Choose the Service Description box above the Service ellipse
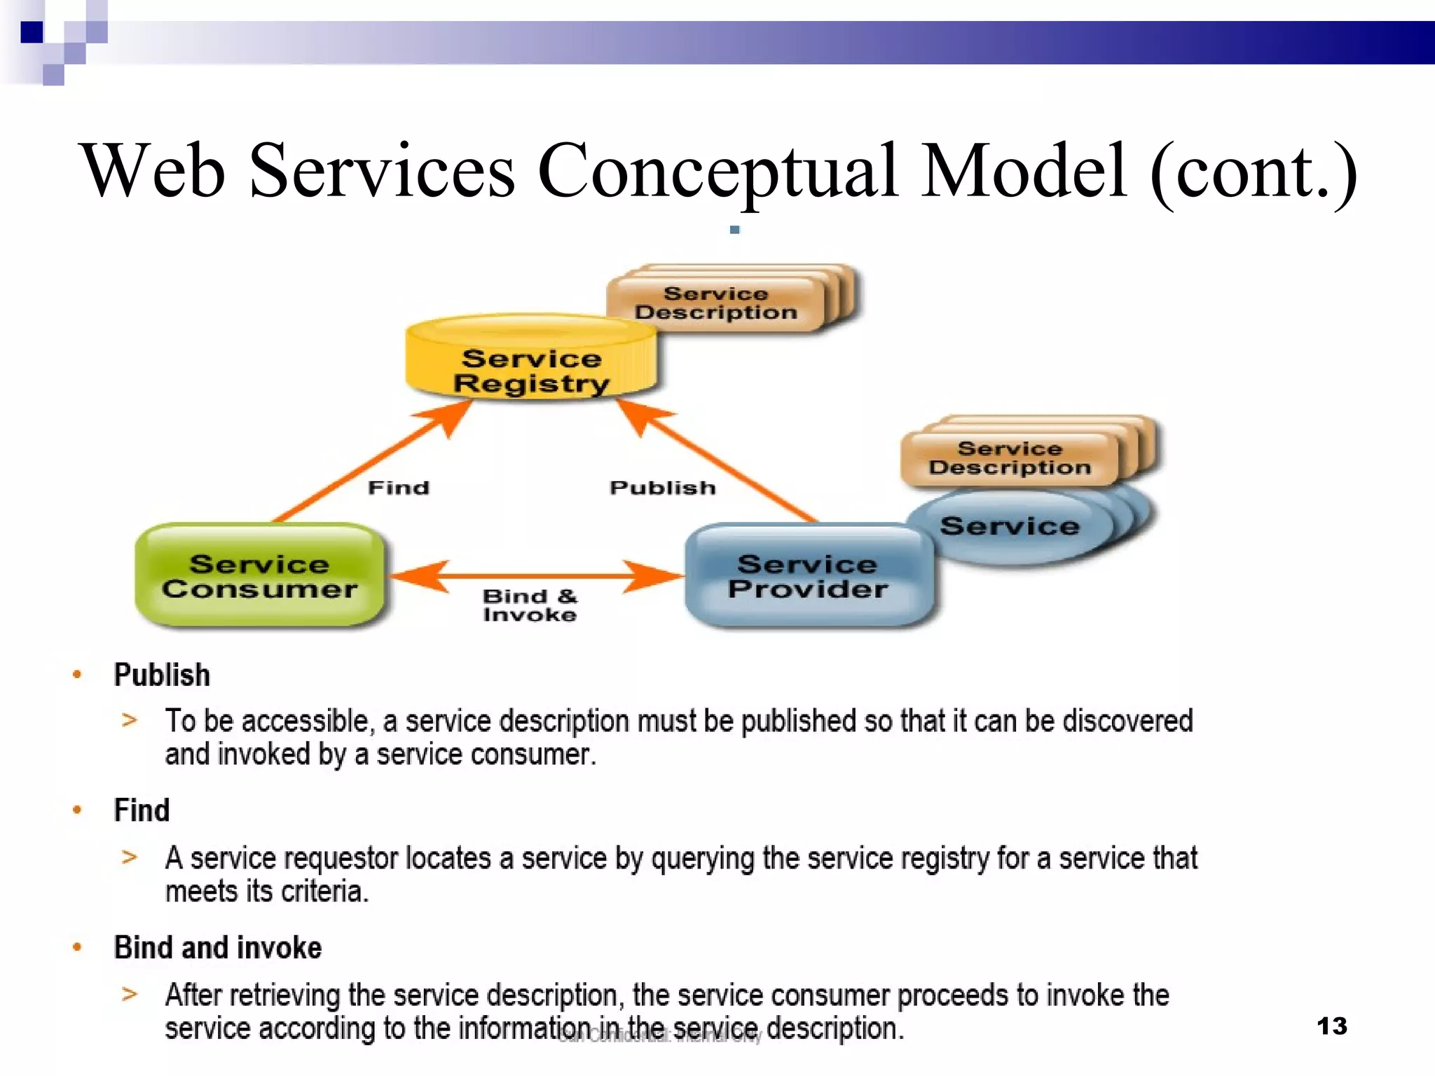[x=1010, y=457]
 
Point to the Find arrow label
[x=399, y=488]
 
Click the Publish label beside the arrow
[x=663, y=488]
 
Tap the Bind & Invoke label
[x=530, y=605]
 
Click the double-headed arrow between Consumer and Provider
[x=535, y=576]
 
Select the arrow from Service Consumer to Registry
[x=364, y=466]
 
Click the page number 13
[x=1331, y=1026]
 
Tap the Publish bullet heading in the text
[x=162, y=675]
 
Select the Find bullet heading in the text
[x=142, y=811]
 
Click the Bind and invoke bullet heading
[x=217, y=948]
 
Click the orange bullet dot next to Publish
[x=77, y=675]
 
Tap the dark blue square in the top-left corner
[x=32, y=32]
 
